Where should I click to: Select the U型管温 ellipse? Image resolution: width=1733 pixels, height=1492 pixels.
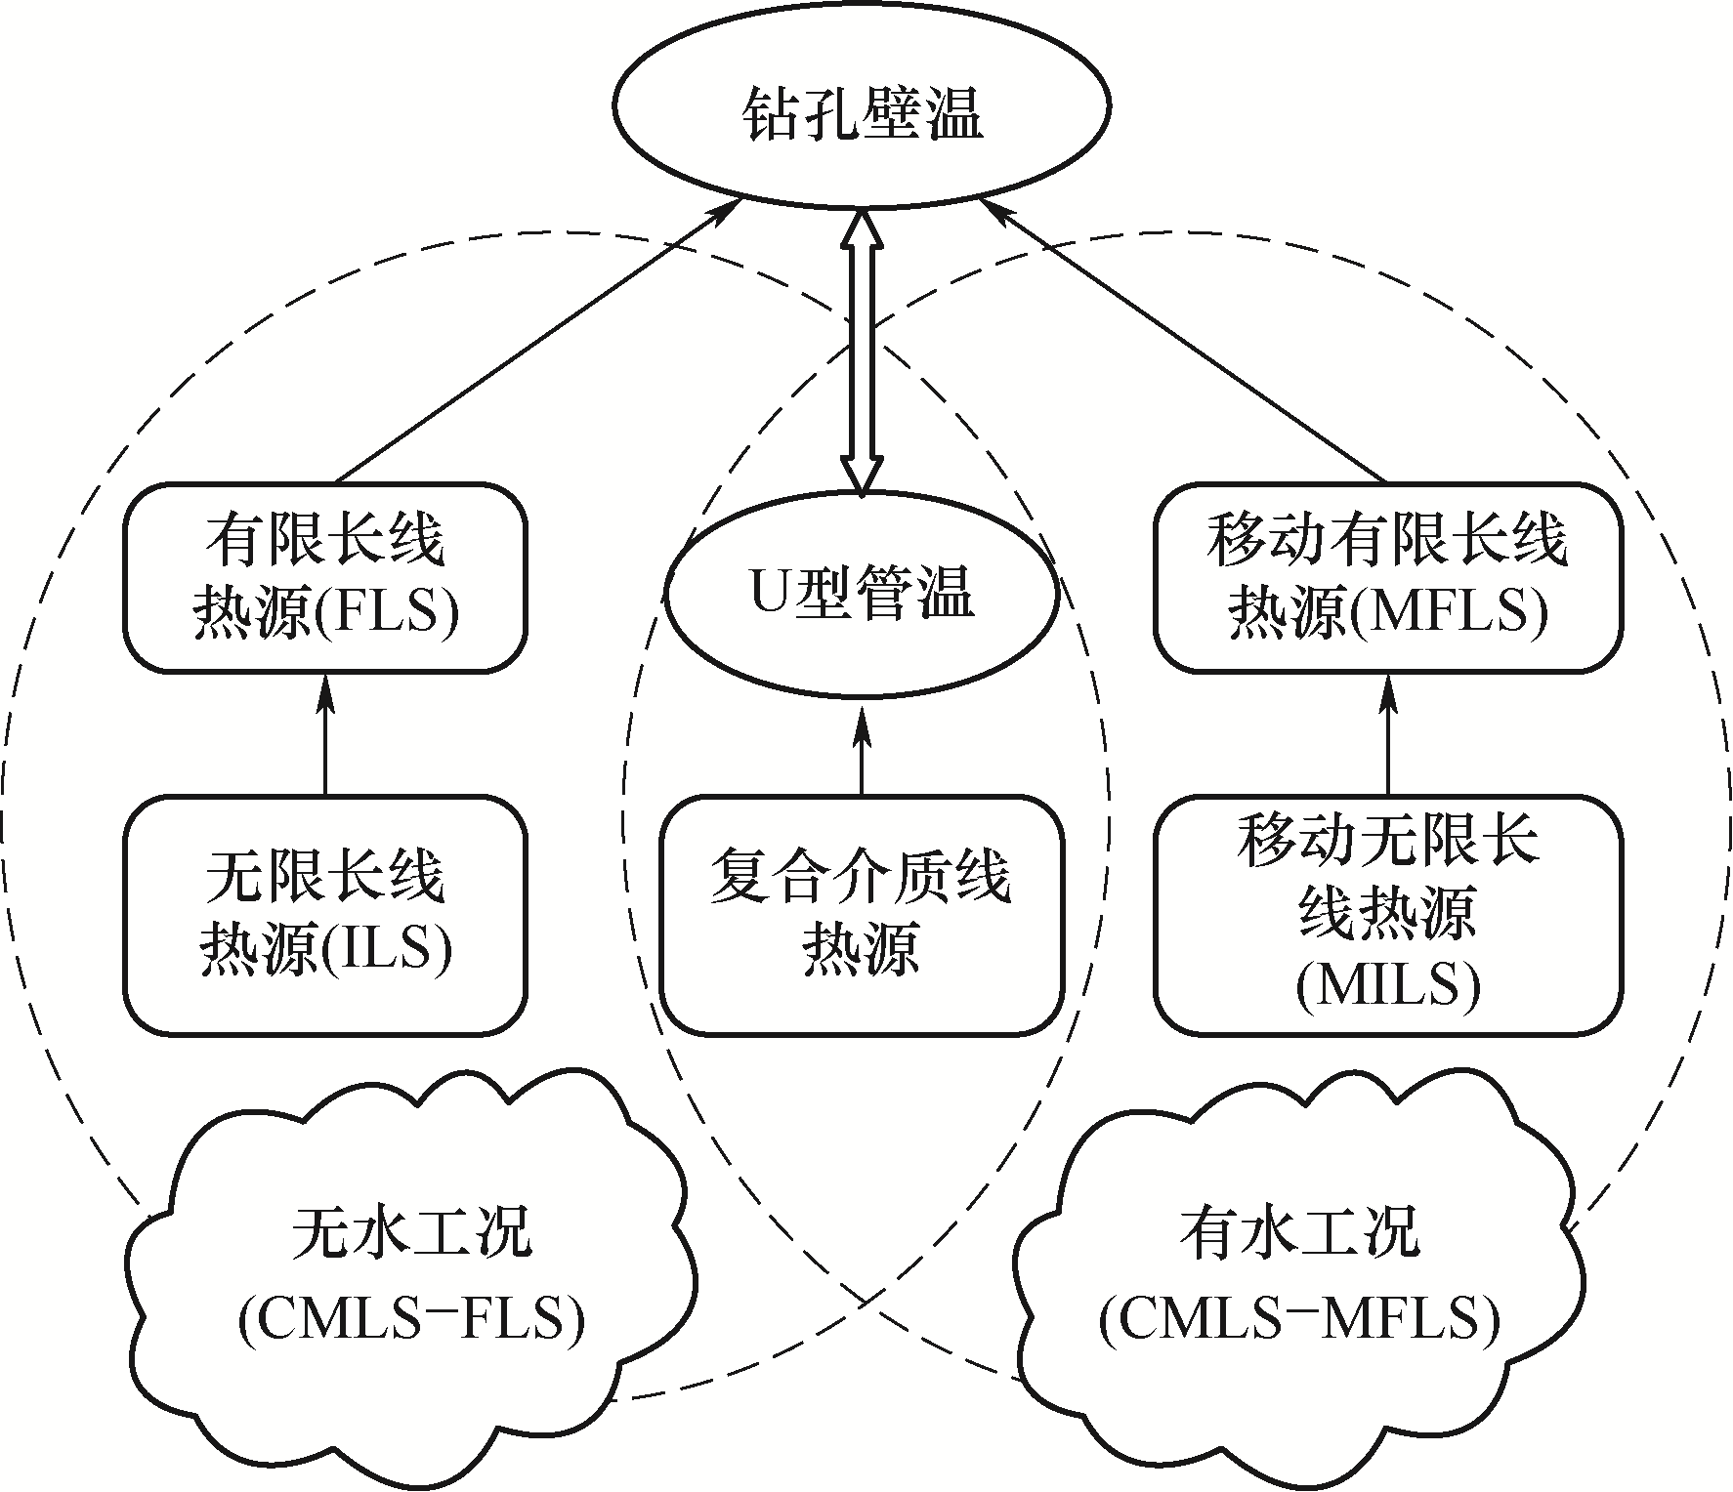[861, 594]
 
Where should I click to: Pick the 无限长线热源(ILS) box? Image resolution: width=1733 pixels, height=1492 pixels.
[325, 915]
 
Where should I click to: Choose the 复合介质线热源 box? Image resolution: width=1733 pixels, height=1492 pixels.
[861, 915]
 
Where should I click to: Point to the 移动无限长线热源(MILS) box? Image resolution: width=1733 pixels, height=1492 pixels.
[1387, 915]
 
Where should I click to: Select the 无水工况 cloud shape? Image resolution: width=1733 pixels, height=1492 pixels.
[411, 1269]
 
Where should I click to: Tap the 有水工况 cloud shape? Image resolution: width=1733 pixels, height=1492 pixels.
[1299, 1269]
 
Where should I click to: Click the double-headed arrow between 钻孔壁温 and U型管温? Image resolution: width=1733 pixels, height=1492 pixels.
[862, 352]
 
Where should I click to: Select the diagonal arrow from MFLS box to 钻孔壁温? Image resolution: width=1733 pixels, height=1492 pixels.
[1187, 342]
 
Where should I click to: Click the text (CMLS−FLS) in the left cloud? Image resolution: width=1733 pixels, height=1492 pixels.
[411, 1319]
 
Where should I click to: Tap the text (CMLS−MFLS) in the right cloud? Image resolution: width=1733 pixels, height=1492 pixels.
[1299, 1319]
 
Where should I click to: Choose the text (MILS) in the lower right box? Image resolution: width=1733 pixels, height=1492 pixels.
[1387, 986]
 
